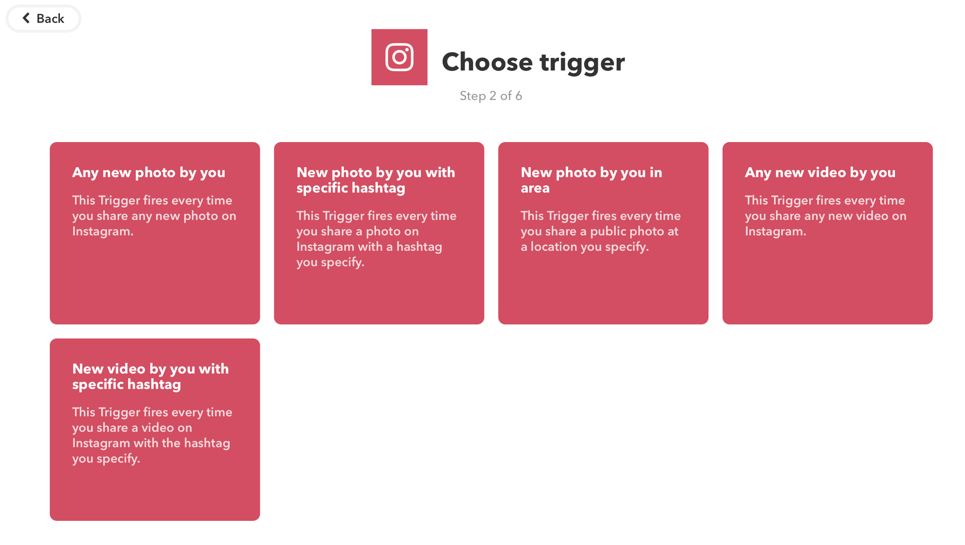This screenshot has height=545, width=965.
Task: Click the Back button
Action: point(43,19)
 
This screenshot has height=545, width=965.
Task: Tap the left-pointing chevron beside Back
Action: point(26,18)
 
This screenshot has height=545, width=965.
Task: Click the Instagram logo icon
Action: point(399,57)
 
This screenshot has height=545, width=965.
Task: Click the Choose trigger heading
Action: point(533,62)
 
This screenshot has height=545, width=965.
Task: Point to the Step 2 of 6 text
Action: point(491,96)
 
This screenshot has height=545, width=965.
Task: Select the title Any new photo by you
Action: point(149,173)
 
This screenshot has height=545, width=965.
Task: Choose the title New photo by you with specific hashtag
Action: point(376,180)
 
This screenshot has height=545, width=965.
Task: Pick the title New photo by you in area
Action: point(591,180)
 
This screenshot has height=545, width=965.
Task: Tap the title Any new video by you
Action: point(820,173)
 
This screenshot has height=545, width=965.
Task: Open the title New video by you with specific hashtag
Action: point(150,376)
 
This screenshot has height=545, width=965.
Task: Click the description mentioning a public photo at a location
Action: point(601,231)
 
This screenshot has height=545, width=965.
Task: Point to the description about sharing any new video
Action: point(825,216)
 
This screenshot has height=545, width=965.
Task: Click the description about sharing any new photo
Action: point(154,216)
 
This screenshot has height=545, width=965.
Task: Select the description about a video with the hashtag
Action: point(152,436)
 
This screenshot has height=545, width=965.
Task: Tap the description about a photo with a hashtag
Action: point(376,239)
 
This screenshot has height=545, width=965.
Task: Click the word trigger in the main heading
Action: point(582,63)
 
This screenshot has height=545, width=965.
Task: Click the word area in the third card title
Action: point(535,188)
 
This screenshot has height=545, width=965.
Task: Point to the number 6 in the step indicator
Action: point(519,96)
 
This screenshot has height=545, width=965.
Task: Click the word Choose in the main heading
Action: point(487,62)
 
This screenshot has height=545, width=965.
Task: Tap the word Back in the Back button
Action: point(50,19)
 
